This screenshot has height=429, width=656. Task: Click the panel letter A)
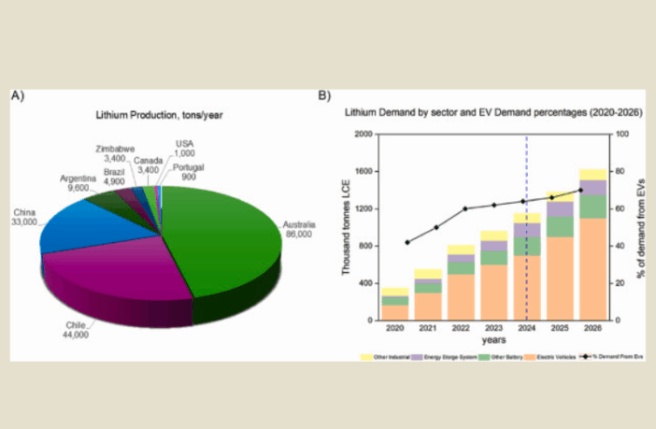pyautogui.click(x=17, y=95)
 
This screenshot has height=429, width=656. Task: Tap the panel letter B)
pyautogui.click(x=324, y=95)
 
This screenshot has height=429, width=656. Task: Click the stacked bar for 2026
pyautogui.click(x=592, y=245)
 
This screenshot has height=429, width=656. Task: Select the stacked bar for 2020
pyautogui.click(x=394, y=305)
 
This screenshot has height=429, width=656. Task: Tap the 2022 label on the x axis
pyautogui.click(x=461, y=328)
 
